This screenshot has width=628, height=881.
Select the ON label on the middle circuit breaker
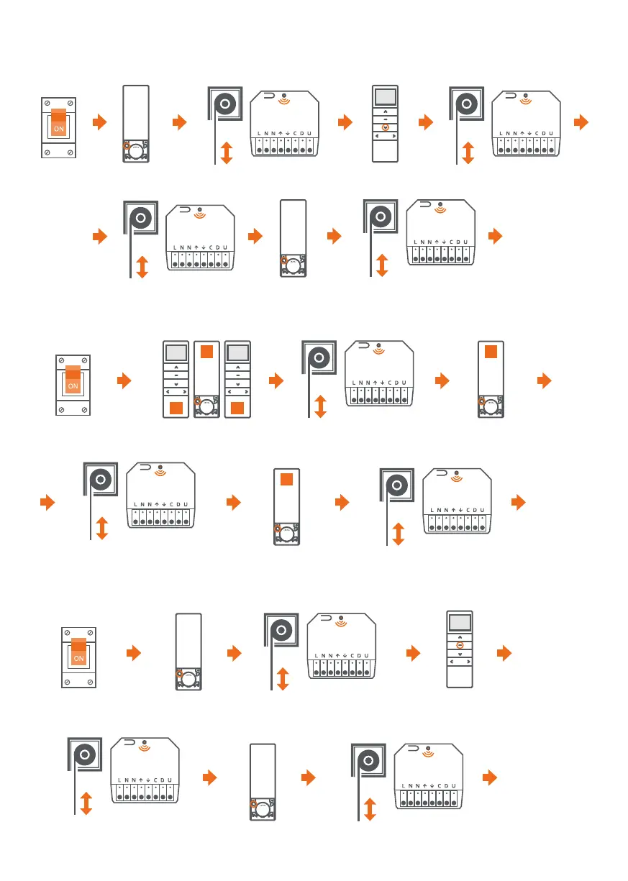(x=73, y=385)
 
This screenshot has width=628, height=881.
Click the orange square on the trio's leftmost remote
(x=174, y=408)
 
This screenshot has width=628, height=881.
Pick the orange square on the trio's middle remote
(x=206, y=352)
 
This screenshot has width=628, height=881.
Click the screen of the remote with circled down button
(x=386, y=97)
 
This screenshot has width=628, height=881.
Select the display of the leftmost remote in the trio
(x=174, y=352)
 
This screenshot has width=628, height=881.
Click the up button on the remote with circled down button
(x=386, y=112)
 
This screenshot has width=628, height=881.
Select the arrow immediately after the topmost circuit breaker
(x=100, y=123)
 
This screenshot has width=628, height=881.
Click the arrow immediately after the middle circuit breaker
(x=124, y=379)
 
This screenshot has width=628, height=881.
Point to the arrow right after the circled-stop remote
(x=505, y=653)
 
